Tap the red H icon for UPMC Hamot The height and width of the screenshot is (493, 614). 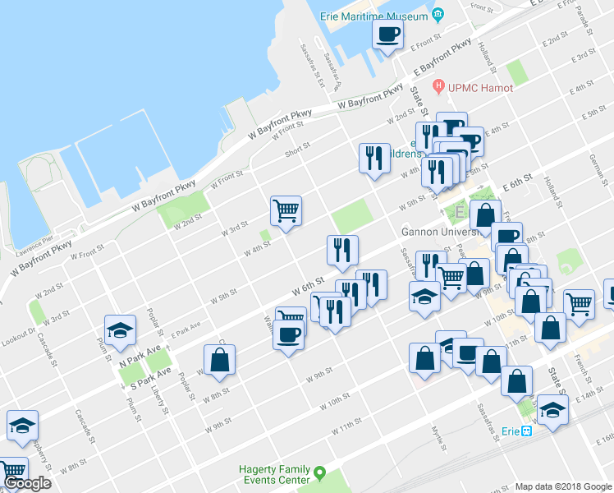(x=438, y=87)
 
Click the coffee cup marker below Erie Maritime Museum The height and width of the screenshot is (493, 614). (x=388, y=35)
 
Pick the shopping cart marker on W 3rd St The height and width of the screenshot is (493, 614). (x=286, y=211)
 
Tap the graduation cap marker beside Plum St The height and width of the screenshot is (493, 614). (x=120, y=331)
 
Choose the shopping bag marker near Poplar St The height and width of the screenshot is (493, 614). (x=220, y=360)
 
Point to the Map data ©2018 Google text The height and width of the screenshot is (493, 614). (x=562, y=486)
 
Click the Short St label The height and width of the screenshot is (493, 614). (x=296, y=150)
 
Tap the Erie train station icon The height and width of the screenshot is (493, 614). (x=527, y=431)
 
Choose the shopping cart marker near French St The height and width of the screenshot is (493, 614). (x=580, y=303)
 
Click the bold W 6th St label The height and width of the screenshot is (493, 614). (x=307, y=286)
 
